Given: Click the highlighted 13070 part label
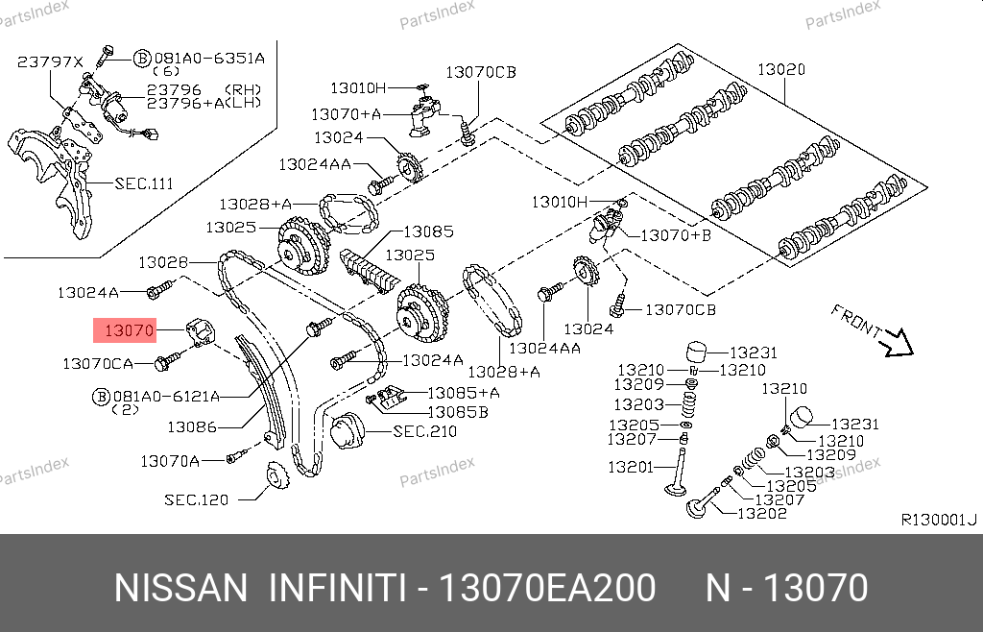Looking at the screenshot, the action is pyautogui.click(x=130, y=329).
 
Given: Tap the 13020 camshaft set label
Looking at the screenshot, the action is pyautogui.click(x=781, y=69).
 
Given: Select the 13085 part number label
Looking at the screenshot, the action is pyautogui.click(x=428, y=231).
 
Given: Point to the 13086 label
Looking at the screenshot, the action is pyautogui.click(x=192, y=427).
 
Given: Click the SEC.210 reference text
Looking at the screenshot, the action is pyautogui.click(x=424, y=431).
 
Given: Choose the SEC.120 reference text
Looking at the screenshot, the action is pyautogui.click(x=196, y=499).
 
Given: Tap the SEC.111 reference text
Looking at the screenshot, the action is pyautogui.click(x=144, y=183).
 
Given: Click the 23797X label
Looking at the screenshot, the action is pyautogui.click(x=50, y=61).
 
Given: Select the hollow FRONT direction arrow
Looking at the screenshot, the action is pyautogui.click(x=897, y=344).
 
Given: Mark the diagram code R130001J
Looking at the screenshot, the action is pyautogui.click(x=939, y=519).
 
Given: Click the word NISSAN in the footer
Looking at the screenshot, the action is pyautogui.click(x=181, y=588).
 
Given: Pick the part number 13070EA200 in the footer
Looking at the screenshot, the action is pyautogui.click(x=547, y=588).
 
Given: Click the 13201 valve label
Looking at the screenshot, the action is pyautogui.click(x=630, y=467).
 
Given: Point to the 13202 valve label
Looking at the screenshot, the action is pyautogui.click(x=761, y=513).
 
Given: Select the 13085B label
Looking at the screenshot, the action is pyautogui.click(x=458, y=412).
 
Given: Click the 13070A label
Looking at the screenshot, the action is pyautogui.click(x=170, y=461).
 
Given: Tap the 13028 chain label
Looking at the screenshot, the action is pyautogui.click(x=163, y=262).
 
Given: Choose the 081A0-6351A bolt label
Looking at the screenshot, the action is pyautogui.click(x=209, y=59).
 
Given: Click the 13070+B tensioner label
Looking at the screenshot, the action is pyautogui.click(x=676, y=235).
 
